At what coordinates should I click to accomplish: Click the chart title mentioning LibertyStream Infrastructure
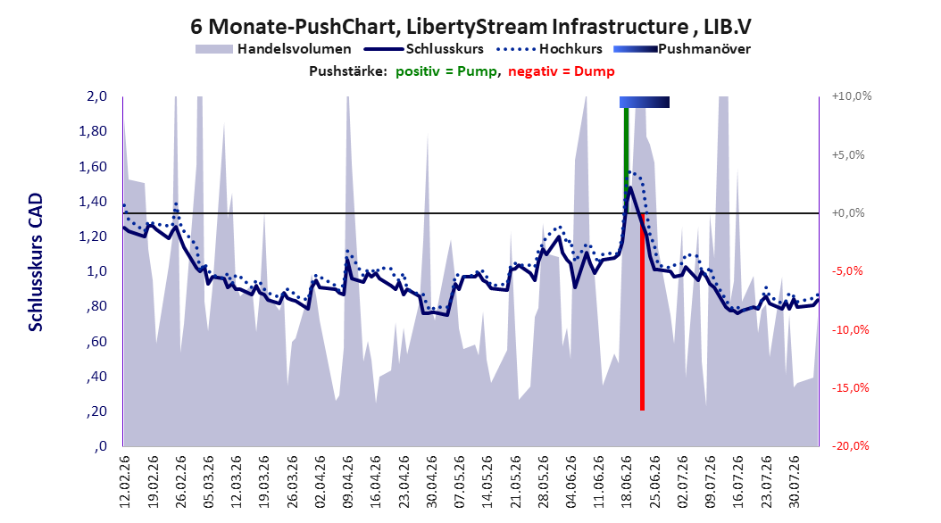pos(470,27)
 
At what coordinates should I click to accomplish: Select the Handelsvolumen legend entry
pos(273,49)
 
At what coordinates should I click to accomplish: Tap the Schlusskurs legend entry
pos(424,49)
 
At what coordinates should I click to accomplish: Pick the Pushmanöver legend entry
pos(682,49)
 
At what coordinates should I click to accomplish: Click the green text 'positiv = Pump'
pos(446,71)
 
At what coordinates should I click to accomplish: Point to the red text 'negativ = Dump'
pos(562,71)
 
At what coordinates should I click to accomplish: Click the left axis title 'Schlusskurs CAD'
pos(36,262)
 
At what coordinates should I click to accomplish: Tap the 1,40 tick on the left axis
pos(93,201)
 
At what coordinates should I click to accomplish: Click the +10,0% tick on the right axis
pos(852,96)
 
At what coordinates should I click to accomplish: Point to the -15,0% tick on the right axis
pos(850,387)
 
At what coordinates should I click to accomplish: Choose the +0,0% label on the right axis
pos(848,213)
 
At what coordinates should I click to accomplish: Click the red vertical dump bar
pos(642,311)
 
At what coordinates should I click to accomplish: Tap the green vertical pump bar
pos(627,160)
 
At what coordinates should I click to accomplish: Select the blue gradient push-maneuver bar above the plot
pos(645,102)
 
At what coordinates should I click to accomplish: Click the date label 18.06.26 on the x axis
pos(626,482)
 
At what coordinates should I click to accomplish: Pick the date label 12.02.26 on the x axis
pos(125,482)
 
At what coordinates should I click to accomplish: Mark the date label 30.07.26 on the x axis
pos(794,482)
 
